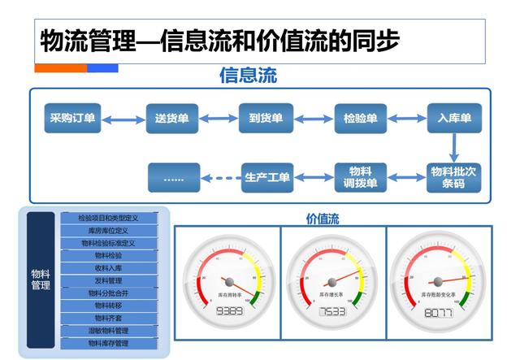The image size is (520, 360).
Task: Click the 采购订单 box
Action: point(71,119)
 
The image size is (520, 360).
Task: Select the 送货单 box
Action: point(172,119)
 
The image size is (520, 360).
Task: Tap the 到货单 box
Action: point(265,119)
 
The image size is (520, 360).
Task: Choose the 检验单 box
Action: point(360,119)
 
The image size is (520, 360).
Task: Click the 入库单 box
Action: point(454,119)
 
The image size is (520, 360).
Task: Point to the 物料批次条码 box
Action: point(454,177)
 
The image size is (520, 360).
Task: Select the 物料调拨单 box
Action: point(360,177)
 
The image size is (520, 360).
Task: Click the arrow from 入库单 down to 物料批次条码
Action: point(454,148)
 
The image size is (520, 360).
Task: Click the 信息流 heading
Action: point(248,76)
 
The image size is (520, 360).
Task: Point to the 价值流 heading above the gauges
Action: point(323,218)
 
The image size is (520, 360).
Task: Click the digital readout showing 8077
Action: point(439,312)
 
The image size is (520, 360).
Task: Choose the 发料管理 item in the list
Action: point(108,280)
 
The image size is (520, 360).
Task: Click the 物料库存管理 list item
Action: point(108,344)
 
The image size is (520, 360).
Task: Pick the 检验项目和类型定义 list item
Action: point(108,218)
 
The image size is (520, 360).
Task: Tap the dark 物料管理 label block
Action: point(41,280)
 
